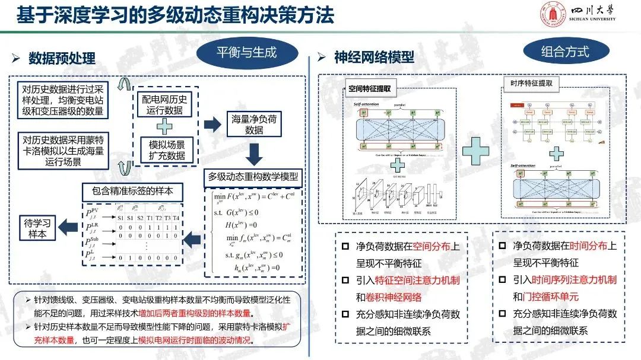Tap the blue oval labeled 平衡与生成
coord(246,52)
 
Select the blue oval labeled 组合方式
coord(564,51)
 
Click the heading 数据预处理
coord(62,58)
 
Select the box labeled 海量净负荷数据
coord(254,125)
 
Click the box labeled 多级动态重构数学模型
coord(253,176)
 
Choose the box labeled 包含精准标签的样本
coord(132,192)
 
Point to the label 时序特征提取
coord(531,84)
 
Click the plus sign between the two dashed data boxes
coord(164,126)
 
